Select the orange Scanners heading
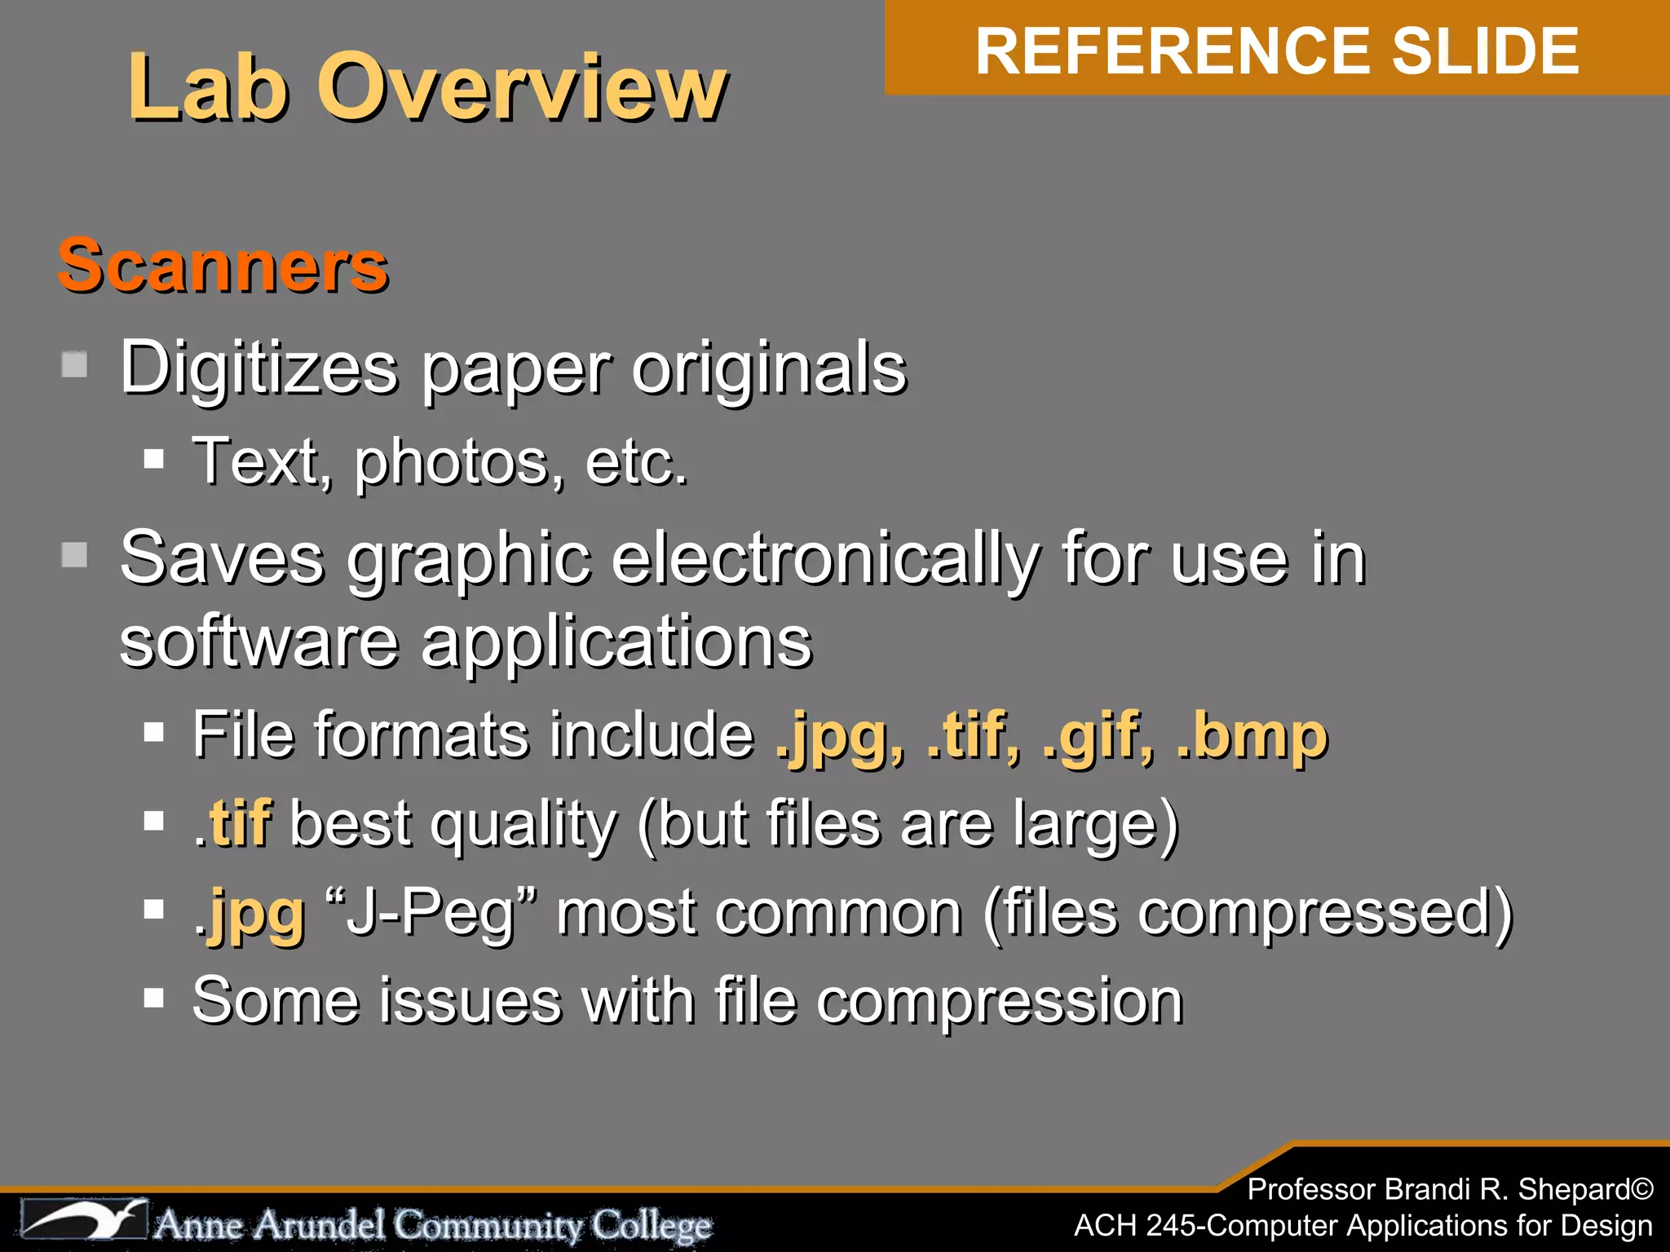pyautogui.click(x=223, y=266)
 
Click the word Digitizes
pyautogui.click(x=259, y=368)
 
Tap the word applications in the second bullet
pyautogui.click(x=616, y=642)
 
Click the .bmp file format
pyautogui.click(x=1252, y=736)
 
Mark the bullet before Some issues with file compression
pyautogui.click(x=153, y=998)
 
